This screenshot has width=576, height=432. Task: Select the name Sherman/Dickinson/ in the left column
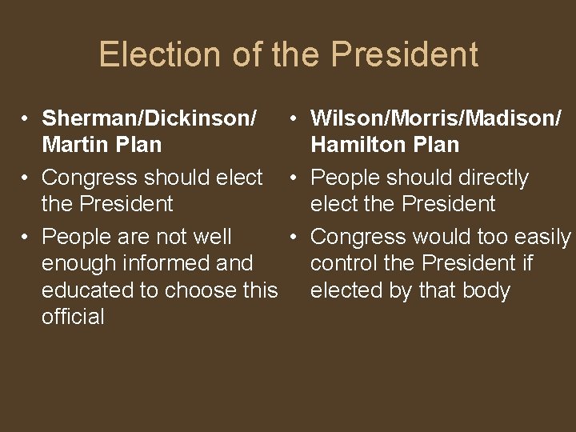(150, 118)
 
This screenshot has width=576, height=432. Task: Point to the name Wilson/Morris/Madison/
(436, 118)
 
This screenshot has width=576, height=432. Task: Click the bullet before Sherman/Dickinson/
(26, 118)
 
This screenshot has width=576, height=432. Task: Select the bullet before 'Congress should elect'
(26, 178)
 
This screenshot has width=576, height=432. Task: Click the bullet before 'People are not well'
(26, 237)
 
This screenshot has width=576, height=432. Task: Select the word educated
(87, 290)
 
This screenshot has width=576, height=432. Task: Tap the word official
(73, 317)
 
